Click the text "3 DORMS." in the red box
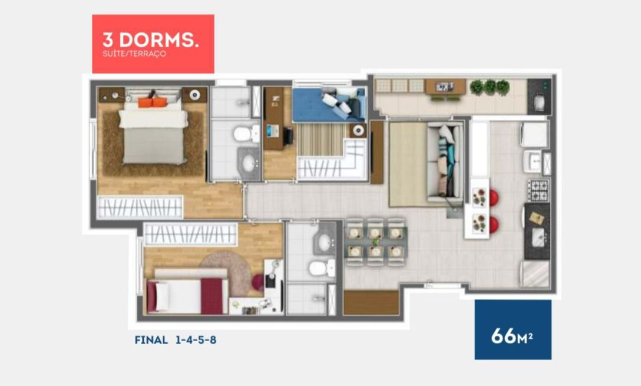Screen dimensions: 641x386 click(150, 40)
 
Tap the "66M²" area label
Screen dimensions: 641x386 click(512, 336)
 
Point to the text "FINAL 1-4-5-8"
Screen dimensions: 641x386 click(176, 340)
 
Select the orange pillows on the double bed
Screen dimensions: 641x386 click(153, 102)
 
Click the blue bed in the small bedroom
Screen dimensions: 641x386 click(329, 104)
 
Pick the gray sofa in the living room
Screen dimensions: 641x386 click(445, 162)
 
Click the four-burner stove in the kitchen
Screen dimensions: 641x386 click(538, 190)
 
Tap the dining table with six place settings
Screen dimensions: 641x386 click(375, 242)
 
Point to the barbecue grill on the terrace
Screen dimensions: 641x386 click(539, 97)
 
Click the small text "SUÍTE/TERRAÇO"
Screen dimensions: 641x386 click(134, 54)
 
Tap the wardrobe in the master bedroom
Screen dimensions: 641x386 click(140, 207)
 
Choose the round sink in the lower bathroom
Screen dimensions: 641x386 click(325, 243)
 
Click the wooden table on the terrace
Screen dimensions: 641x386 click(445, 87)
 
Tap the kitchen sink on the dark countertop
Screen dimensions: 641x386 click(538, 236)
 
